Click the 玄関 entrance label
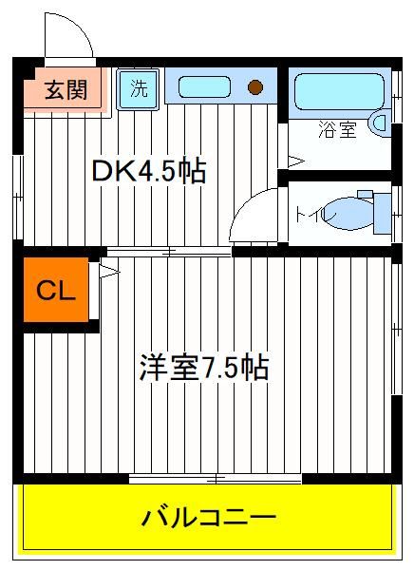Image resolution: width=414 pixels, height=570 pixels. tap(66, 90)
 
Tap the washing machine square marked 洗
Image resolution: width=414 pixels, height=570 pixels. tap(138, 89)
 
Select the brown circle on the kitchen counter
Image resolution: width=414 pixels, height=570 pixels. tap(255, 86)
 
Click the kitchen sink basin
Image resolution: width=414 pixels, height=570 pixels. tap(204, 86)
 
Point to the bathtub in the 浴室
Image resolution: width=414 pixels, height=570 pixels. tap(339, 91)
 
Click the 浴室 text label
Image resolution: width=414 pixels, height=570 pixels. tap(337, 129)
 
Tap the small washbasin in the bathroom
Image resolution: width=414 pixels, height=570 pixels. tap(380, 123)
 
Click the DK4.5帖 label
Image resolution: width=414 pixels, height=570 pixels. tap(149, 170)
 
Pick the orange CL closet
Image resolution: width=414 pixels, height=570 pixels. tap(56, 290)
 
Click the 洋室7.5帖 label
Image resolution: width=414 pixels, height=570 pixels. tap(204, 367)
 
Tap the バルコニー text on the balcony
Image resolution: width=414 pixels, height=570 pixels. tap(209, 518)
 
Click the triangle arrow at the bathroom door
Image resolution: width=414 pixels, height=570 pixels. tap(296, 161)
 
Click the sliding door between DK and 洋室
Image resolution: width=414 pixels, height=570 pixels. tap(169, 252)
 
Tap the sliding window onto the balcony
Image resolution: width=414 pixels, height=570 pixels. tap(216, 479)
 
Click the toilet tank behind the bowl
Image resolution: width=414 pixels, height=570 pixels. tap(383, 214)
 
